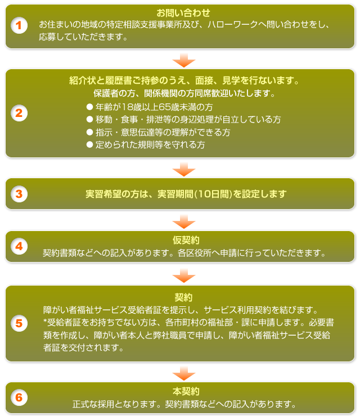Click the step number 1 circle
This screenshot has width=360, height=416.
point(19,25)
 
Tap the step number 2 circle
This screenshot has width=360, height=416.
point(19,113)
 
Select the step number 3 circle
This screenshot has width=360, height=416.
point(19,194)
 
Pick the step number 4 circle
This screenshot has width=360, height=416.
point(19,246)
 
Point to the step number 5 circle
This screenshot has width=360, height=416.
point(19,323)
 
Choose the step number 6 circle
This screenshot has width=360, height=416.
point(19,397)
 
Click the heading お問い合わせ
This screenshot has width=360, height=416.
point(183,13)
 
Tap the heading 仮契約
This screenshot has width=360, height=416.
point(186,240)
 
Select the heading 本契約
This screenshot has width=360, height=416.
point(186,391)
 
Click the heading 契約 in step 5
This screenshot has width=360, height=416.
point(183,297)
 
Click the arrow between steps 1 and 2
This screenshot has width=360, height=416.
point(184,60)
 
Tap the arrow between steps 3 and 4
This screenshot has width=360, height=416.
point(184,222)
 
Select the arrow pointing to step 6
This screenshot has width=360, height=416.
point(184,373)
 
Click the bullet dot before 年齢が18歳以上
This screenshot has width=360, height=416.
point(90,107)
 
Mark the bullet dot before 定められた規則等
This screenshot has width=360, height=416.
point(90,144)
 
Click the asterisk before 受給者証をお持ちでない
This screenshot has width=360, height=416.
point(45,322)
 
